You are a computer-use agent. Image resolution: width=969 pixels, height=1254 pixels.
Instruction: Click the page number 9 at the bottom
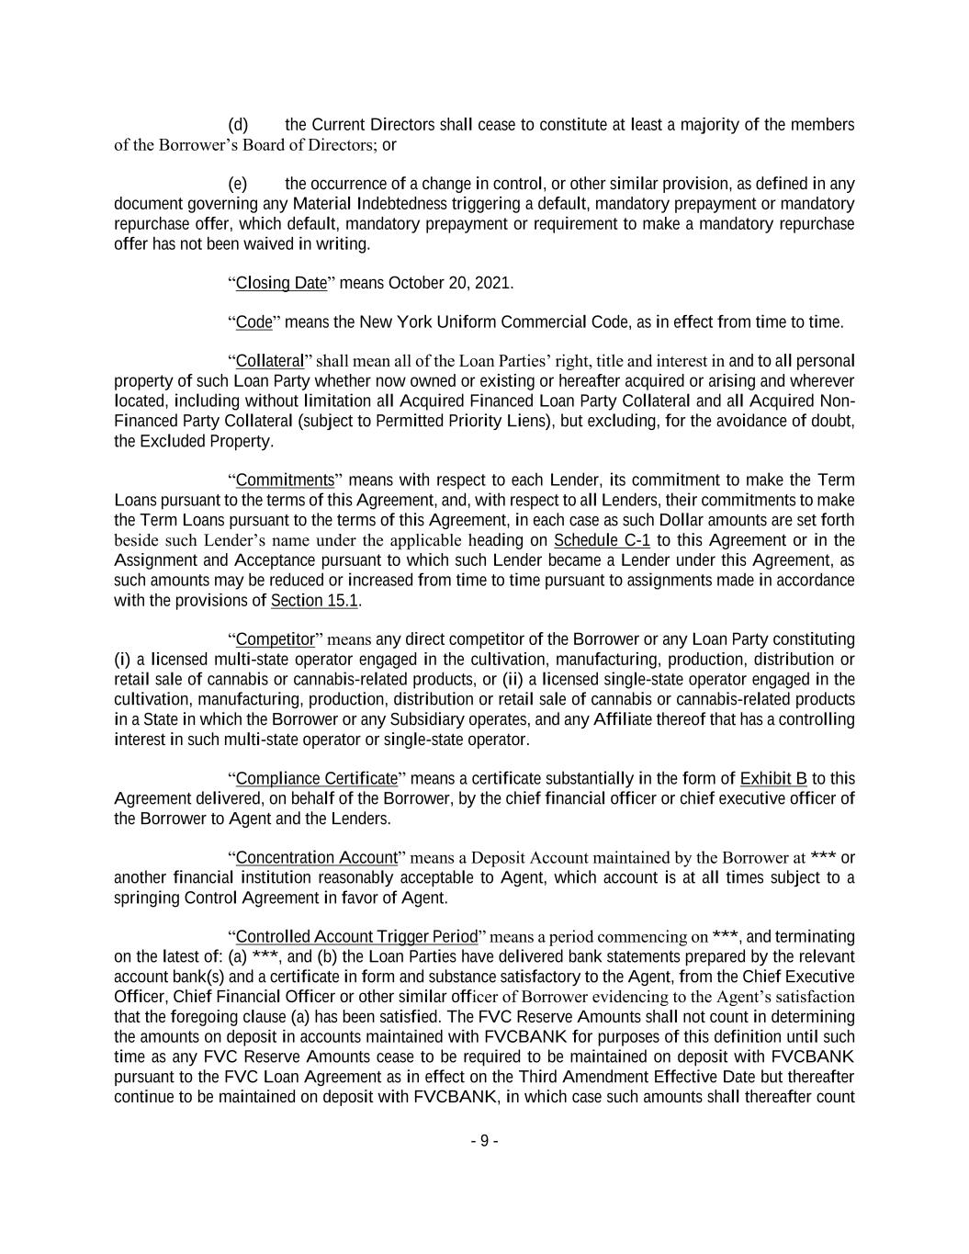pyautogui.click(x=484, y=1141)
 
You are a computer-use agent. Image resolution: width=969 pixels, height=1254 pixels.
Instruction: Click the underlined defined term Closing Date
pyautogui.click(x=281, y=283)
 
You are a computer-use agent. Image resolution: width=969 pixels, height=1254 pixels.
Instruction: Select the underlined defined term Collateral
pyautogui.click(x=270, y=361)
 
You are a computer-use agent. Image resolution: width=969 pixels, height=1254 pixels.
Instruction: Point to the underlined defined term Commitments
pyautogui.click(x=285, y=480)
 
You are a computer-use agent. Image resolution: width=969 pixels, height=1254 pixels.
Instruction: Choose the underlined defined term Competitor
pyautogui.click(x=276, y=639)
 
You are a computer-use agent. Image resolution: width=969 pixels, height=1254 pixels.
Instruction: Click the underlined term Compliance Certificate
pyautogui.click(x=317, y=779)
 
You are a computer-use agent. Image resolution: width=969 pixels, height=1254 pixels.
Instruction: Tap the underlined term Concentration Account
pyautogui.click(x=317, y=858)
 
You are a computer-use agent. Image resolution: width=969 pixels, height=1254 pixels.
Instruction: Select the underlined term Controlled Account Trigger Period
pyautogui.click(x=357, y=937)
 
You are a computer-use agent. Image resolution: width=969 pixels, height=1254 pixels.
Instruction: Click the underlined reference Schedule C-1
pyautogui.click(x=595, y=540)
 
